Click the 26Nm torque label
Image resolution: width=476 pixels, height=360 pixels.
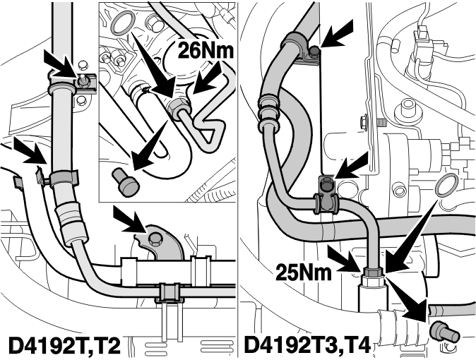206,50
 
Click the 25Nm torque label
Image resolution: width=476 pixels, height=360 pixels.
304,272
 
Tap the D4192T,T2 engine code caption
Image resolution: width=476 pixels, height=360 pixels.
64,345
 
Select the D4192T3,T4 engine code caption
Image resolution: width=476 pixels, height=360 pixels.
307,345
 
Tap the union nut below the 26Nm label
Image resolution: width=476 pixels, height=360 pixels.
179,107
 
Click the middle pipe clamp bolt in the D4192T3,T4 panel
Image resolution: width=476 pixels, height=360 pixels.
326,183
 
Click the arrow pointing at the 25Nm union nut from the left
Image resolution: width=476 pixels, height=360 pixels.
347,259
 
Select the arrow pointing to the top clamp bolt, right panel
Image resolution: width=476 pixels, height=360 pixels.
335,32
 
